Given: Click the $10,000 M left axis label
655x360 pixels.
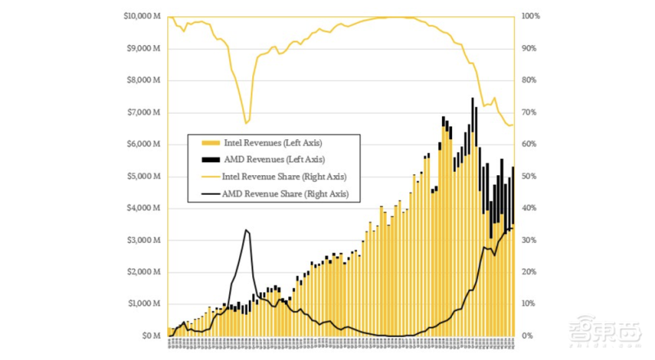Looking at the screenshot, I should [x=142, y=16].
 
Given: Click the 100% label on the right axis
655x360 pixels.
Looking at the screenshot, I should [x=531, y=16].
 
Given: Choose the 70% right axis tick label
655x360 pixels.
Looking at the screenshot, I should [x=529, y=112].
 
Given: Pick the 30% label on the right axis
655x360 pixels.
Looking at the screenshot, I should [x=529, y=240].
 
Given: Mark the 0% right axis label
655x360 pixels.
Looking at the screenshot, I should [x=526, y=336].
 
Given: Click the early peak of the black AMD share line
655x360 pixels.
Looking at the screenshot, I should [x=246, y=231].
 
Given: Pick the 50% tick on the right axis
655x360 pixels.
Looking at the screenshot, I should [x=529, y=176].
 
